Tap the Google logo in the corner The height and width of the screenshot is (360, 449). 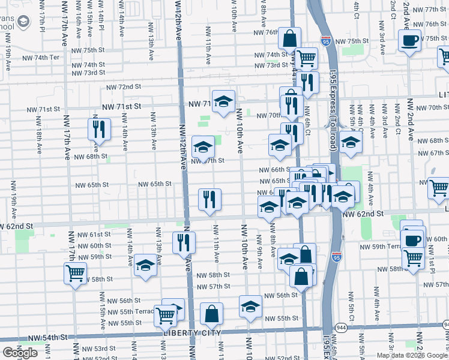coord(20,353)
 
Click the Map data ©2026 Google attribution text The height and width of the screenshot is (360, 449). coord(412,355)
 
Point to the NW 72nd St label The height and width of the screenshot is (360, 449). coord(123,87)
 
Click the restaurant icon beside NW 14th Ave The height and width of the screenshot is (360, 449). coord(98,129)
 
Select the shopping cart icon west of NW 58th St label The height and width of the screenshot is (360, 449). coord(76,274)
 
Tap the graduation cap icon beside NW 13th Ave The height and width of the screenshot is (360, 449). coord(145,265)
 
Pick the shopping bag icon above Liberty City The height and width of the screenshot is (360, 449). coord(211,314)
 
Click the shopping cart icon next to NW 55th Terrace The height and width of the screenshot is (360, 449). coord(166,314)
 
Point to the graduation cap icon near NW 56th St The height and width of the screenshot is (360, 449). coord(250,307)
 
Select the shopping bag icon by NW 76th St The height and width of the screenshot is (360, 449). coord(290,38)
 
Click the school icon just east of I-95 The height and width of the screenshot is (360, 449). coord(351,142)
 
